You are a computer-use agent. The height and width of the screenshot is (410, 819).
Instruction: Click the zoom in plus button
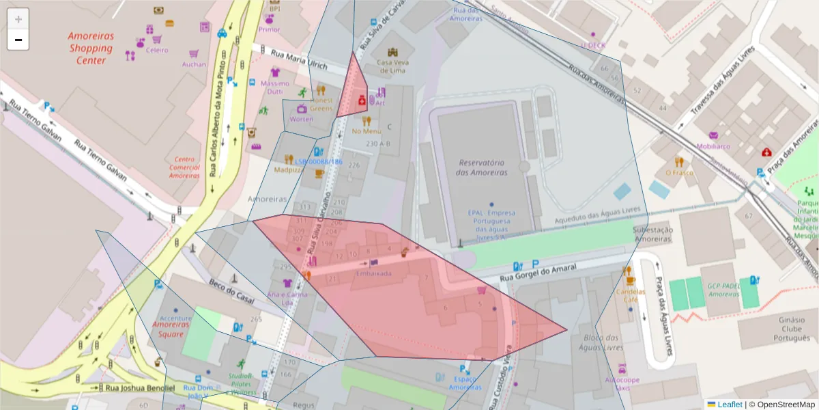pos(18,18)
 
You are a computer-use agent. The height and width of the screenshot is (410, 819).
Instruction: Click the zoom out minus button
pos(18,40)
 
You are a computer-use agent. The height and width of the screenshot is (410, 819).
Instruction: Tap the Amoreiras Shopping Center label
pos(91,48)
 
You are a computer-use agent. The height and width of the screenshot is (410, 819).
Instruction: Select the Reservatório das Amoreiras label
pos(483,168)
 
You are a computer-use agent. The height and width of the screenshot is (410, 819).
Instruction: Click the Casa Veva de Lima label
pos(392,66)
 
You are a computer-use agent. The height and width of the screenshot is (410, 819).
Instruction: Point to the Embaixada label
pos(373,273)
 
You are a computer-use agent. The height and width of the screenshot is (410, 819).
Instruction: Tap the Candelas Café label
pos(630,295)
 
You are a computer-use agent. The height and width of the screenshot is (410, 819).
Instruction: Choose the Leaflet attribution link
pos(729,404)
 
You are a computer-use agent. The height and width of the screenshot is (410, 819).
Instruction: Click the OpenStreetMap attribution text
pos(785,404)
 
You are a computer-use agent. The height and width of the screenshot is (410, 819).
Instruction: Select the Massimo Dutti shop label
pos(275,87)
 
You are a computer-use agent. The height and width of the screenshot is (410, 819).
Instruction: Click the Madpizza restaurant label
pos(289,169)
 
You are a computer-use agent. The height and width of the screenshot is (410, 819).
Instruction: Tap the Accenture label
pos(175,318)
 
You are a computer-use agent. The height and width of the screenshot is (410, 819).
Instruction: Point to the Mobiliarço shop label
pos(713,146)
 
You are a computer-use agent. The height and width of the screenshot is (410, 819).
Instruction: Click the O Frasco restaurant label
pos(678,172)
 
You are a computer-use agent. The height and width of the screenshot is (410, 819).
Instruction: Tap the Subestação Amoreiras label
pos(652,234)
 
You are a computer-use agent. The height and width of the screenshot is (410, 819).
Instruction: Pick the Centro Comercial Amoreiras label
pos(184,167)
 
